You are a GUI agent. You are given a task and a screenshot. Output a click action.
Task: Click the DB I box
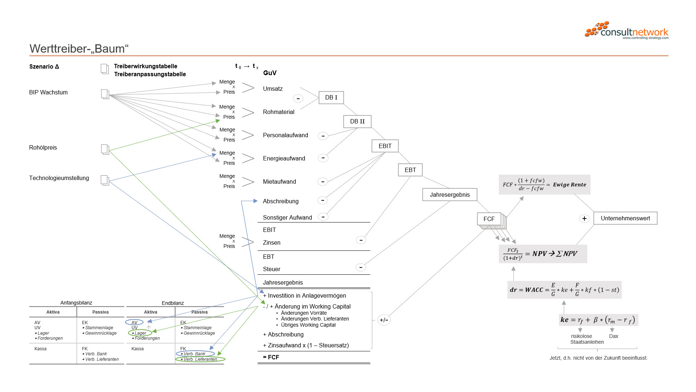click(x=331, y=98)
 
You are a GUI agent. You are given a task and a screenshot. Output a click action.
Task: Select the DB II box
click(x=357, y=122)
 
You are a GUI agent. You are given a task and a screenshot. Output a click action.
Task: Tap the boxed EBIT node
click(x=385, y=146)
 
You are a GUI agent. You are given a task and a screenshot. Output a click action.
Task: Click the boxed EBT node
click(x=410, y=170)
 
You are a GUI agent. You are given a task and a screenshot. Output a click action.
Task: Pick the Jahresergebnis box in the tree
click(x=449, y=195)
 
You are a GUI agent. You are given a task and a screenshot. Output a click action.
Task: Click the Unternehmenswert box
click(x=625, y=218)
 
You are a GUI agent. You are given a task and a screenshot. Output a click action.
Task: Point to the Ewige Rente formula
click(x=544, y=184)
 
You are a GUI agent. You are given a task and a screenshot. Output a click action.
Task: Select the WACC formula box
click(x=564, y=290)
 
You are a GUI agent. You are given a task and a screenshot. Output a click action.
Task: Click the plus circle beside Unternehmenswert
click(x=584, y=219)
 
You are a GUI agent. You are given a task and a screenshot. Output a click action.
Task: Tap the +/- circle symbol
click(x=384, y=320)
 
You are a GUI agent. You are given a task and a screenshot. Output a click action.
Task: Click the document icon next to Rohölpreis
click(x=105, y=149)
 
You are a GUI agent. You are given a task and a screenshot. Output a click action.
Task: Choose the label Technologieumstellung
click(x=59, y=178)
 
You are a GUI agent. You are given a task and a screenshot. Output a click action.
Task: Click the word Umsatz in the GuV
click(x=273, y=89)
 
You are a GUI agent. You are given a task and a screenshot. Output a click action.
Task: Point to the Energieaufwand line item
click(x=284, y=158)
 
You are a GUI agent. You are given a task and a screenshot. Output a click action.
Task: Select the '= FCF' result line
click(x=271, y=357)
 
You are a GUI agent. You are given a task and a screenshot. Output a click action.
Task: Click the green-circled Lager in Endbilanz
click(x=140, y=333)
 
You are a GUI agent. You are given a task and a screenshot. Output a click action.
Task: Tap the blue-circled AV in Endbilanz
click(x=134, y=322)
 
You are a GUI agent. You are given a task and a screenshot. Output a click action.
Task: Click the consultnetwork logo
click(x=626, y=30)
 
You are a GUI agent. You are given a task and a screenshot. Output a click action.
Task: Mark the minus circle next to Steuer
click(x=361, y=268)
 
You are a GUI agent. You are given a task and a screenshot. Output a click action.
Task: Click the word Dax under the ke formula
click(x=613, y=336)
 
